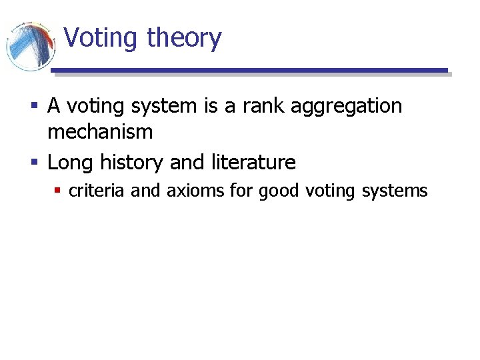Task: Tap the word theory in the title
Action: click(x=184, y=38)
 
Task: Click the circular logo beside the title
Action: click(x=30, y=45)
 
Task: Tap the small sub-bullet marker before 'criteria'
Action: click(x=58, y=191)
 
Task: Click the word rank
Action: click(x=275, y=107)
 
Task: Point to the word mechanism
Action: click(x=100, y=132)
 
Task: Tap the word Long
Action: click(x=71, y=163)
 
